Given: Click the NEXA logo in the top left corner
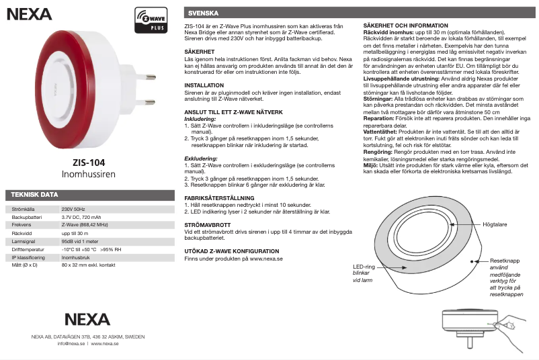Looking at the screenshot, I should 28,13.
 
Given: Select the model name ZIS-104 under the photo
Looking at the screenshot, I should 89,162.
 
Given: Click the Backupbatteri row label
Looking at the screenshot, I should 28,218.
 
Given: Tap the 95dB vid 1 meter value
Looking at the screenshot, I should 81,241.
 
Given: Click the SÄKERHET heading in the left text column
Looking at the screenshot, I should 200,51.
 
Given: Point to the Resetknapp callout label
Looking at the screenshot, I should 505,260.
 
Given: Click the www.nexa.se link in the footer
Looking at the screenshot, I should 105,343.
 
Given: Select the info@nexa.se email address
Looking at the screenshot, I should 71,343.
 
